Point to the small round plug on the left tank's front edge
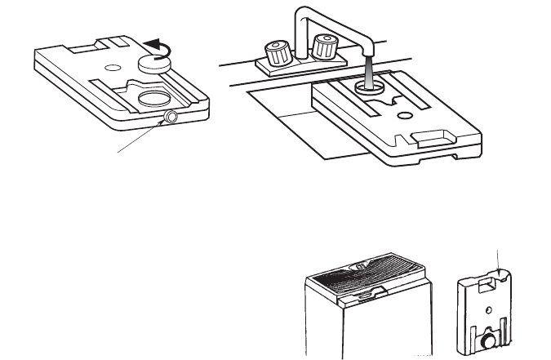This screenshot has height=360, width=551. point(171,118)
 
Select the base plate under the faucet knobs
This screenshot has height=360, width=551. point(303,67)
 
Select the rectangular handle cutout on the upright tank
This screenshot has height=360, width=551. point(489,286)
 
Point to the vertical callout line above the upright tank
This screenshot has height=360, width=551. point(498,260)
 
